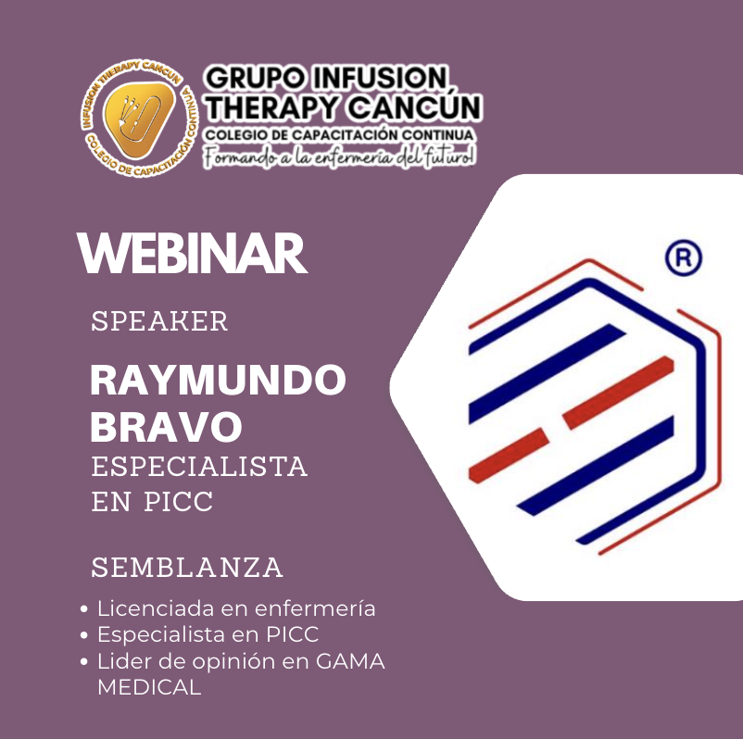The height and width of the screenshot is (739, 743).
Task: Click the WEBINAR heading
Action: click(192, 253)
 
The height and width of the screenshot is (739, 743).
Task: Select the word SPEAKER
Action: click(159, 321)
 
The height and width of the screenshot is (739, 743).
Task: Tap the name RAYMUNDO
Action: click(218, 381)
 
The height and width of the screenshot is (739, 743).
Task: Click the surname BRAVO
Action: click(167, 427)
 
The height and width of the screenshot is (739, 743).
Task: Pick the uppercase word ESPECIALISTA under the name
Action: click(199, 465)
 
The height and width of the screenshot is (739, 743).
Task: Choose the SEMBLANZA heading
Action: click(187, 567)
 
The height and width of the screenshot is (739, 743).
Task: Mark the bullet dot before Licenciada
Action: click(84, 610)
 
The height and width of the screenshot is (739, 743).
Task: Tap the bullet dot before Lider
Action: click(84, 663)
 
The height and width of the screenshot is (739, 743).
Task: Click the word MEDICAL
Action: click(148, 688)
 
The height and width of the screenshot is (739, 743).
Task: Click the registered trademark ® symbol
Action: click(684, 258)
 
